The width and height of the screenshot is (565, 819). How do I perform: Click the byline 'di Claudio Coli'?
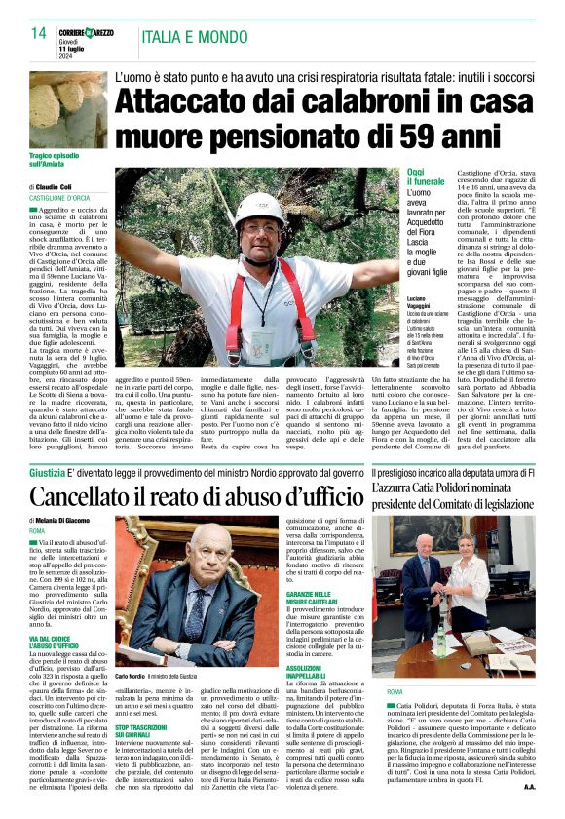coord(57,186)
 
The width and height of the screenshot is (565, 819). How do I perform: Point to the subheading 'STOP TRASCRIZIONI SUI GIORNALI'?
coord(143,705)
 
